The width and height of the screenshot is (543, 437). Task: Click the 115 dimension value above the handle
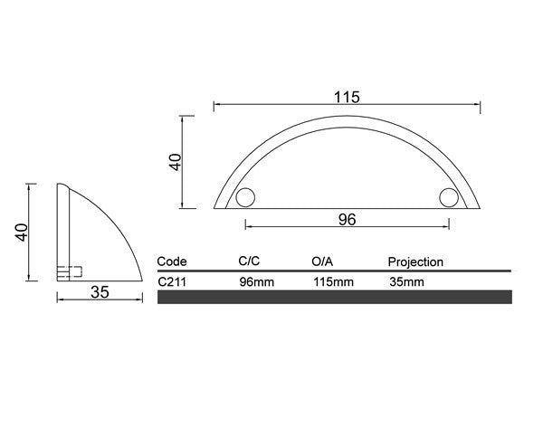coord(347,98)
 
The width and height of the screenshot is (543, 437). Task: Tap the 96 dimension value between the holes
coord(347,220)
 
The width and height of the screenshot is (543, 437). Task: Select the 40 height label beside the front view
coord(176,162)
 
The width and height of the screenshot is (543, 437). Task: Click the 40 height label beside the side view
coord(22,233)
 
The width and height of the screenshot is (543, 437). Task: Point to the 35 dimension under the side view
coord(100,292)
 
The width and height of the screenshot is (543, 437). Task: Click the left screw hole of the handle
coord(245,198)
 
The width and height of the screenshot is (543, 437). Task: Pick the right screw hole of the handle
coord(449,198)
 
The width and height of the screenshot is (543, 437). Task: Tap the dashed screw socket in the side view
coord(70,271)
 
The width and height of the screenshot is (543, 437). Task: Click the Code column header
coord(172,261)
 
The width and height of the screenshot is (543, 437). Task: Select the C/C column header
coord(249,261)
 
